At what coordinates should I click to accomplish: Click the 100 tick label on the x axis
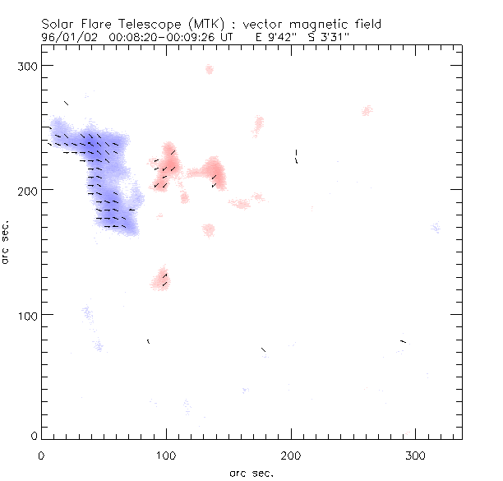click(166, 455)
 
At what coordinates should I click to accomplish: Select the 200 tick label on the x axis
click(291, 455)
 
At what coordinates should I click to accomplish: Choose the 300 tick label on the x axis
click(416, 455)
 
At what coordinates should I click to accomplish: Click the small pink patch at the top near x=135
click(210, 69)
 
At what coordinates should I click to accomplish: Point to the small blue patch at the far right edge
click(435, 228)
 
